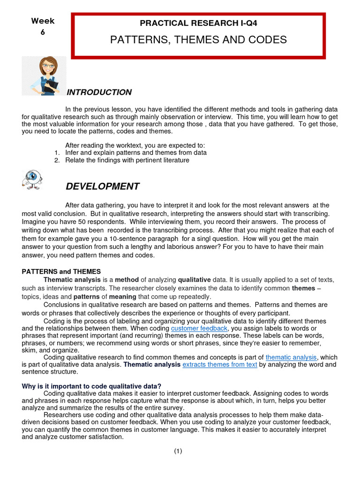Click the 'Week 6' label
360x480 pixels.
click(43, 26)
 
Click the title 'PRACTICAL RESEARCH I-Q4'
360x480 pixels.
click(198, 23)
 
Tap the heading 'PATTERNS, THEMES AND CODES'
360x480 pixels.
click(198, 39)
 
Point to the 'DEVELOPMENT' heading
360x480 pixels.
click(102, 187)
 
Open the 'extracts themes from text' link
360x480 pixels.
click(219, 365)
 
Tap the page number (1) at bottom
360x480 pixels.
click(178, 451)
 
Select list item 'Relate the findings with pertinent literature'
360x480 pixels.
click(127, 160)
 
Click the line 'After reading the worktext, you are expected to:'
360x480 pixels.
click(135, 145)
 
